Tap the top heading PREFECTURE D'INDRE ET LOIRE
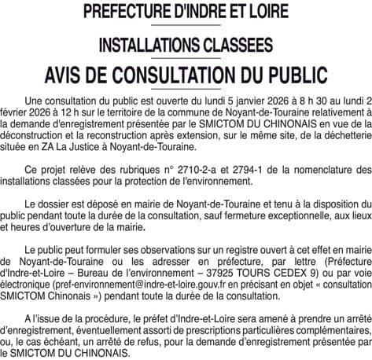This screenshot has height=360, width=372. (186, 13)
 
